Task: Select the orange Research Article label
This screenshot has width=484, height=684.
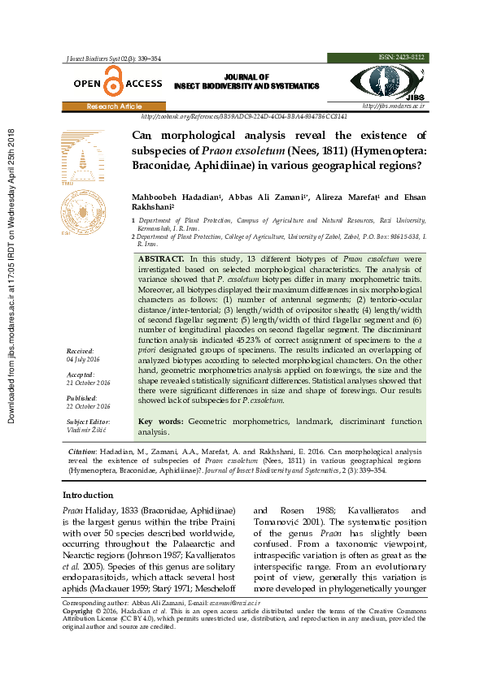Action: click(114, 106)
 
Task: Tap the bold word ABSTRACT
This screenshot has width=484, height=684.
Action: click(162, 257)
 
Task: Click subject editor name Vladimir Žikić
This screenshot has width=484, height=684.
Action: click(85, 429)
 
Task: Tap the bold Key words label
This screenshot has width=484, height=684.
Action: click(161, 422)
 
